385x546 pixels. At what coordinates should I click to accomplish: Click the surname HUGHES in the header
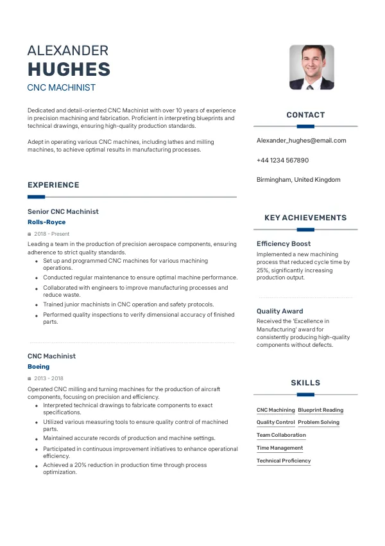click(x=69, y=69)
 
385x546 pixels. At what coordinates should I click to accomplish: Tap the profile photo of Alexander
click(x=312, y=67)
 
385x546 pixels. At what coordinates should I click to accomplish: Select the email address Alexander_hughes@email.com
click(x=301, y=140)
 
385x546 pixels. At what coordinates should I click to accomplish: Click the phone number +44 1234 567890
click(x=282, y=160)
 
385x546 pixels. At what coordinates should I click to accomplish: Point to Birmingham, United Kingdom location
click(x=298, y=180)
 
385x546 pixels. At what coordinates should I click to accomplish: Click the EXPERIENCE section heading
click(x=53, y=185)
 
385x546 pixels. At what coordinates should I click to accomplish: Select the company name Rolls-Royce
click(x=46, y=222)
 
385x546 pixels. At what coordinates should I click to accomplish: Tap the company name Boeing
click(x=38, y=367)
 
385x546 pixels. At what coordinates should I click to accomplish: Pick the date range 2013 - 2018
click(x=49, y=378)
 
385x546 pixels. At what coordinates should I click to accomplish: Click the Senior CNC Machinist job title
click(x=63, y=211)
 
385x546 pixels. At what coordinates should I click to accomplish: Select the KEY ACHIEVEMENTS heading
click(x=305, y=218)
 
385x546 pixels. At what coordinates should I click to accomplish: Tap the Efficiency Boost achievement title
click(x=284, y=243)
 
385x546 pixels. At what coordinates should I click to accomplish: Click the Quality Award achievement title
click(x=280, y=311)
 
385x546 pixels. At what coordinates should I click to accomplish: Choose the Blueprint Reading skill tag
click(x=320, y=410)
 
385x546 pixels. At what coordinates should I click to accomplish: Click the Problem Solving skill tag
click(x=318, y=423)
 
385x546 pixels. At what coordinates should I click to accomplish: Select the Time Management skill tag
click(x=280, y=448)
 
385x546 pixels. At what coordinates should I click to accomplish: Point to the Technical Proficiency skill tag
click(x=284, y=461)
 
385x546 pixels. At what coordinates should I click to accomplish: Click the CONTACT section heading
click(x=305, y=115)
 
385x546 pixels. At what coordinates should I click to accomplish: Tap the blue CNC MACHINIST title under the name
click(x=62, y=87)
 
